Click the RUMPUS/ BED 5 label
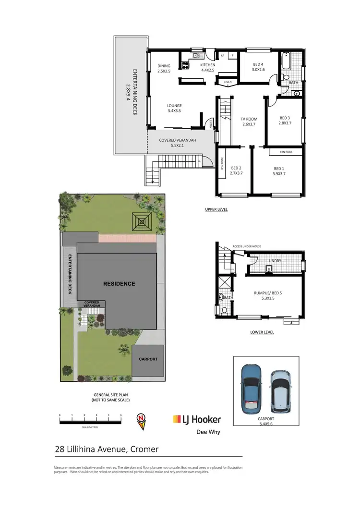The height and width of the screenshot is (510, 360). coord(268,294)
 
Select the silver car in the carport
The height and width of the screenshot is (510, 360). coord(279,391)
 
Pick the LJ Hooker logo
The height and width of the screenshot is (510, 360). coord(196,419)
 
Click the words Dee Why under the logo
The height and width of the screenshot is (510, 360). coord(209,431)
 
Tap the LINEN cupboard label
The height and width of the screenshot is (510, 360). coord(228,82)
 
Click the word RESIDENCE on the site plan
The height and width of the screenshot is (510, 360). coord(119,283)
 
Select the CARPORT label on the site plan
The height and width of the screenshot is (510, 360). coord(148,359)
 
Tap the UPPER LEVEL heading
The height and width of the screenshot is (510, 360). coord(216,209)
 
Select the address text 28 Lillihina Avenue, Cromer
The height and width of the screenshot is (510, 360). coord(106,449)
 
